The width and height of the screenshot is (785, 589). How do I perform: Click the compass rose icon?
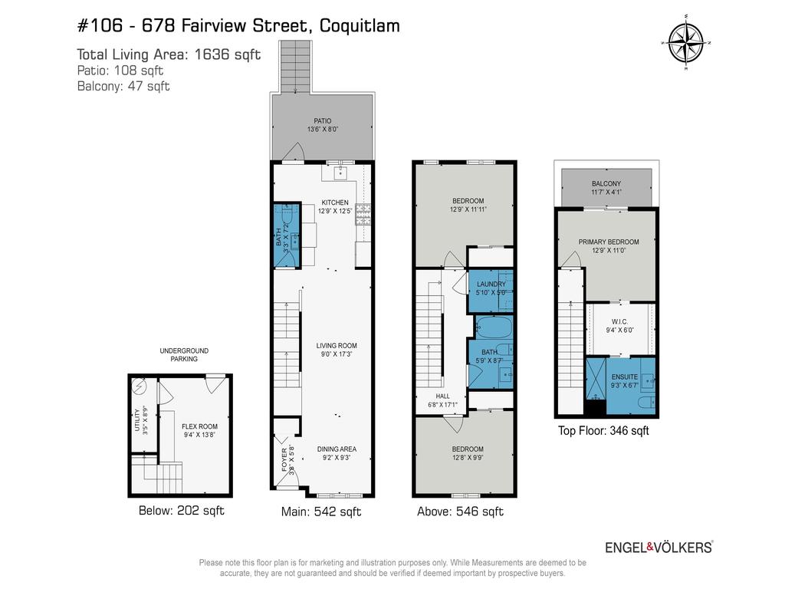(x=686, y=43)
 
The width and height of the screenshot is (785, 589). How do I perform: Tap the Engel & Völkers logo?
(x=659, y=547)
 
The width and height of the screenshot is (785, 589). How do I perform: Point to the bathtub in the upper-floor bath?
(x=494, y=328)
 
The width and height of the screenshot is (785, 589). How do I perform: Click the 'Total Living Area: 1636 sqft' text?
(x=169, y=54)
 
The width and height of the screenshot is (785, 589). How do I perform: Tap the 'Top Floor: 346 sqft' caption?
(x=603, y=431)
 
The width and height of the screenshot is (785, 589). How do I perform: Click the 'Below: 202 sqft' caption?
(x=181, y=511)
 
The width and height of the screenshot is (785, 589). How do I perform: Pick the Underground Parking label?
(x=183, y=354)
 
